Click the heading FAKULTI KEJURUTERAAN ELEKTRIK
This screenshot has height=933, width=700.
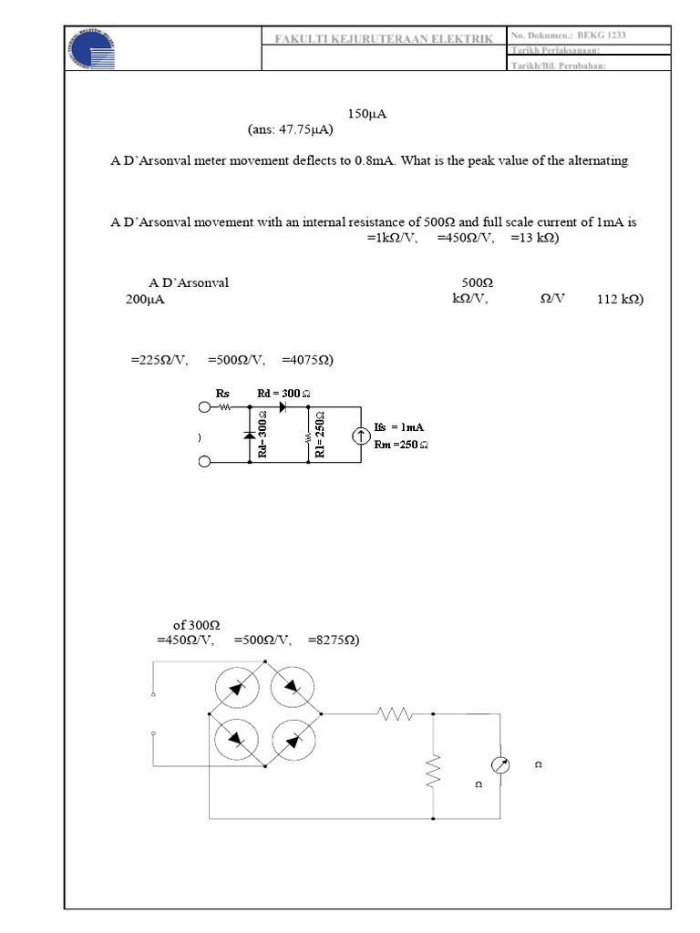[384, 38]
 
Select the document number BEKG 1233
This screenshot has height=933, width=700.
[602, 35]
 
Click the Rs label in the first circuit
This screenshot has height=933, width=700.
[222, 393]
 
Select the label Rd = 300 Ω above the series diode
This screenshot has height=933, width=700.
[284, 393]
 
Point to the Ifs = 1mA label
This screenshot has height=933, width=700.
[399, 426]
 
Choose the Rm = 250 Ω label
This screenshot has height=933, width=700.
[401, 445]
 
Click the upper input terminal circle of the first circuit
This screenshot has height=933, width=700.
[204, 407]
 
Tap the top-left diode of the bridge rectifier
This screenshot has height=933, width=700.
[237, 687]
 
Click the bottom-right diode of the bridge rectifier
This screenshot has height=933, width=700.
[292, 739]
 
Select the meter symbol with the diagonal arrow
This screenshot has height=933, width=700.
[501, 765]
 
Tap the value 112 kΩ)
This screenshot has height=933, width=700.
[620, 299]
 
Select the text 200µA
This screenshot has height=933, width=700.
[145, 299]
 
